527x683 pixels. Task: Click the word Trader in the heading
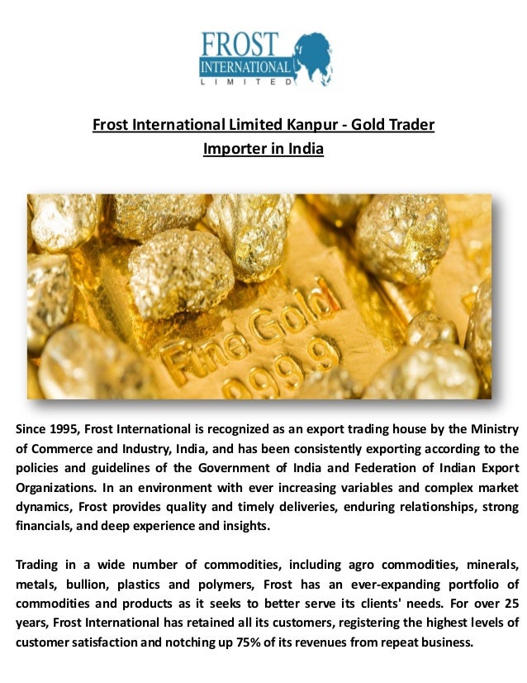pos(412,126)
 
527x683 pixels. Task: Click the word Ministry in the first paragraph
pos(493,428)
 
